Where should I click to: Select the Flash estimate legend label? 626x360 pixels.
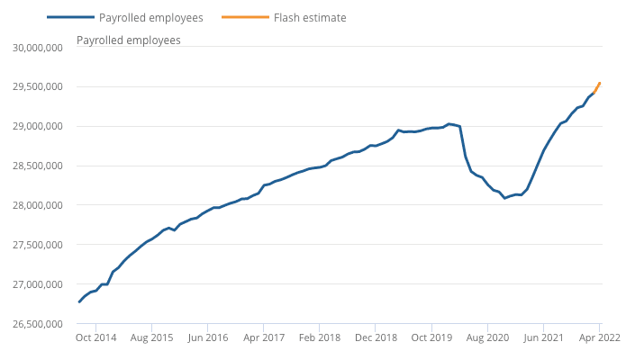click(x=310, y=17)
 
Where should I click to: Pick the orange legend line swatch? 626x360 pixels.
click(x=246, y=17)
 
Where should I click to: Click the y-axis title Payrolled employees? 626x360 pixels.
click(x=128, y=40)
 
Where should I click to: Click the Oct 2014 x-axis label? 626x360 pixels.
click(x=95, y=337)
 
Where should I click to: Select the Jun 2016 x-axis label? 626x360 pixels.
click(x=207, y=337)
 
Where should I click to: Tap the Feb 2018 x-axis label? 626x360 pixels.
click(x=320, y=337)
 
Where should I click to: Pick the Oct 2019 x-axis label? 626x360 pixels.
click(x=431, y=337)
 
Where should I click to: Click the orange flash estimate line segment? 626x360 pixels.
click(x=597, y=87)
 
